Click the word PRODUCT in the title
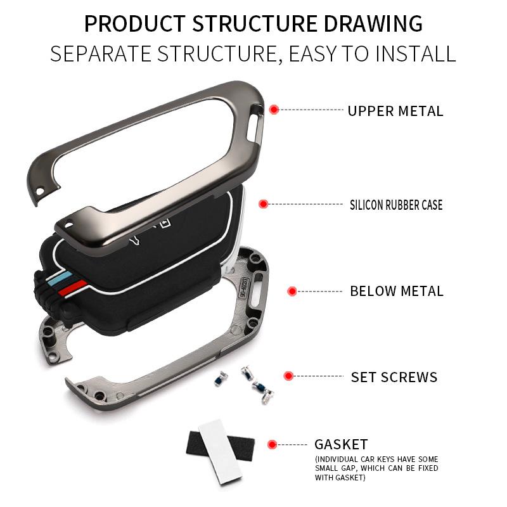[x=135, y=23]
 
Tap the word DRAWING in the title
[x=373, y=23]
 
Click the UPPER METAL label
[x=395, y=111]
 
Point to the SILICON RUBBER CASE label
[x=396, y=205]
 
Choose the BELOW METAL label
[x=397, y=291]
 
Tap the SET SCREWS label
[x=394, y=377]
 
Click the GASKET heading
[x=341, y=444]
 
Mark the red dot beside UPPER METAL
[x=274, y=110]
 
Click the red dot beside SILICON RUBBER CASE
[x=264, y=204]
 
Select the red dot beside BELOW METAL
[x=292, y=291]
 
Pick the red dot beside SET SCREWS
[x=288, y=376]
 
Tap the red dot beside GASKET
[x=273, y=444]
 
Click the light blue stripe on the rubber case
[x=61, y=278]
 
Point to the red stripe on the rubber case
[x=73, y=288]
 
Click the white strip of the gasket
[x=220, y=451]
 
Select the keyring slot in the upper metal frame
[x=256, y=121]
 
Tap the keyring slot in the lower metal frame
[x=257, y=290]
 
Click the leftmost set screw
[x=221, y=378]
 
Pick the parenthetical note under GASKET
[x=376, y=468]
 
